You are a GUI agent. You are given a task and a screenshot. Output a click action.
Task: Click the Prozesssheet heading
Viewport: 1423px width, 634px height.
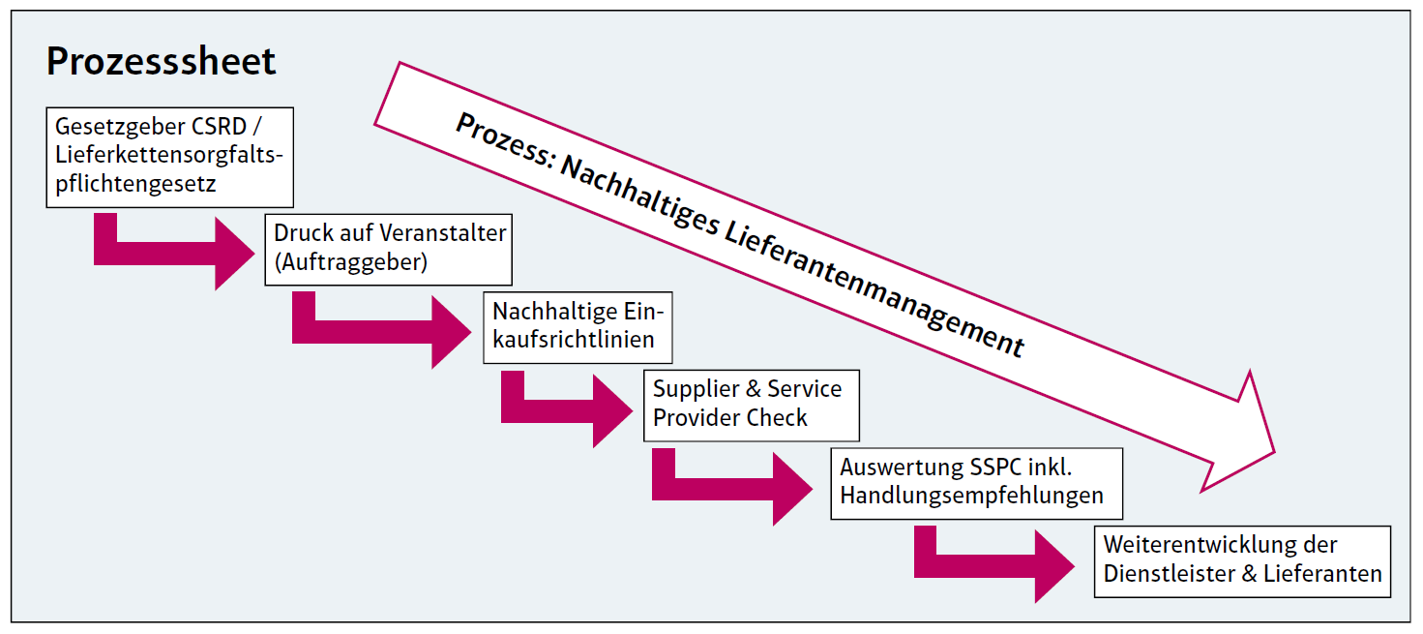(x=161, y=61)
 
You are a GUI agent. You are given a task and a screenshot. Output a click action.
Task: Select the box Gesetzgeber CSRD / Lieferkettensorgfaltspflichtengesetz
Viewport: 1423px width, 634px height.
(x=169, y=157)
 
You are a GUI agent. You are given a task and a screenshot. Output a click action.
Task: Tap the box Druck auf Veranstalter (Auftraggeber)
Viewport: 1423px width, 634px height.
(x=388, y=248)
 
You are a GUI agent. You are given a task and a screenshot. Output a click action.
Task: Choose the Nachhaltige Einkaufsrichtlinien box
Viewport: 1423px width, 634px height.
(x=575, y=326)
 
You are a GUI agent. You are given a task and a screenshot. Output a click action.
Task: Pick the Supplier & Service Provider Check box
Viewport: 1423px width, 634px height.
(x=751, y=404)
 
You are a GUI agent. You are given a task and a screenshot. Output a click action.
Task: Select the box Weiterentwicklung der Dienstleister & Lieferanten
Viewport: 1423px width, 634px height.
(x=1242, y=559)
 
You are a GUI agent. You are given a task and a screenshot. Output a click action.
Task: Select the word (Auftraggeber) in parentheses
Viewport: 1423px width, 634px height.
(x=350, y=261)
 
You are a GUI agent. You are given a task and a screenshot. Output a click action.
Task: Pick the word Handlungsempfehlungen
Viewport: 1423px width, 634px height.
(x=971, y=496)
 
